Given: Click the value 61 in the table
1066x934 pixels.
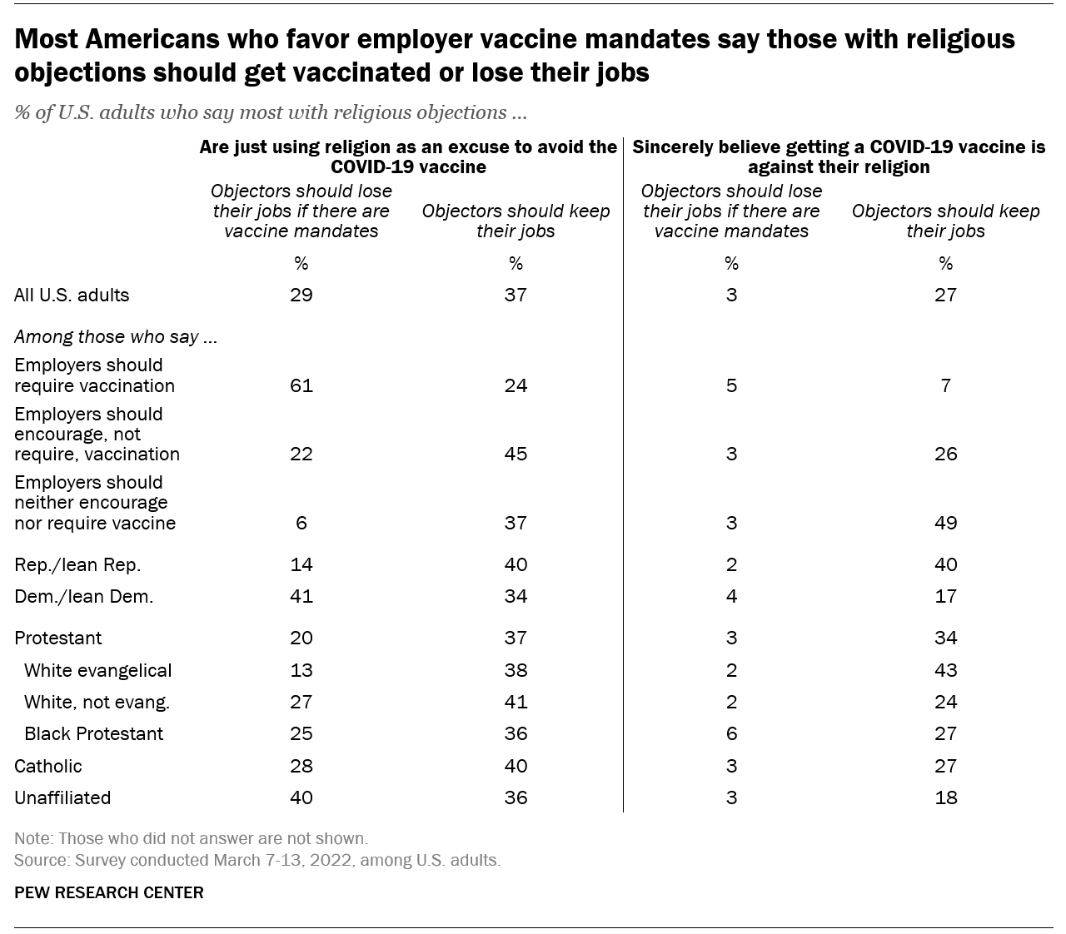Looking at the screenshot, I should (301, 385).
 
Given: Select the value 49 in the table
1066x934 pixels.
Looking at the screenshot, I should (945, 523).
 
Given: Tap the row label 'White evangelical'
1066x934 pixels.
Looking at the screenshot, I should (97, 670).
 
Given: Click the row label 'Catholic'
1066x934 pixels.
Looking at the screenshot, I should (48, 766).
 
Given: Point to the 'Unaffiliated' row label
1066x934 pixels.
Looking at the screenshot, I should (62, 797).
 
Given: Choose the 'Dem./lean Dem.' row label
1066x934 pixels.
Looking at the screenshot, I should (84, 596).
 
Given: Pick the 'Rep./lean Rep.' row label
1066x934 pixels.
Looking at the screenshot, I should (77, 564).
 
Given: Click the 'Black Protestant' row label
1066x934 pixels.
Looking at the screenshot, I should (93, 733).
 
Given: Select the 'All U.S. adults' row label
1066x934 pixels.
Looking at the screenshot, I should (72, 295).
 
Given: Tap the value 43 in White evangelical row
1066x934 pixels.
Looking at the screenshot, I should (945, 670).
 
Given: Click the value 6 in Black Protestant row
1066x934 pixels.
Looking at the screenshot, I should (731, 733).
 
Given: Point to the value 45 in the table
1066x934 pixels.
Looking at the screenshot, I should (516, 454).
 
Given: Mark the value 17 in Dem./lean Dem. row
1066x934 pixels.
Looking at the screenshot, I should (945, 596).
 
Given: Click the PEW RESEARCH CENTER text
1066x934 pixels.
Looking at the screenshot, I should (109, 892).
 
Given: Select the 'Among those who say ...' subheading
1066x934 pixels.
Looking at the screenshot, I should (116, 336).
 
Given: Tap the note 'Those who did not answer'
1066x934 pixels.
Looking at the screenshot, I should (191, 838).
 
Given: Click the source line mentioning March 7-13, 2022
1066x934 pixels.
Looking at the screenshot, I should (257, 860).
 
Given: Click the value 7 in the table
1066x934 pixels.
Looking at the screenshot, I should (945, 385).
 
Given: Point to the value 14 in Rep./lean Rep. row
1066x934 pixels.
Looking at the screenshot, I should (301, 564).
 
